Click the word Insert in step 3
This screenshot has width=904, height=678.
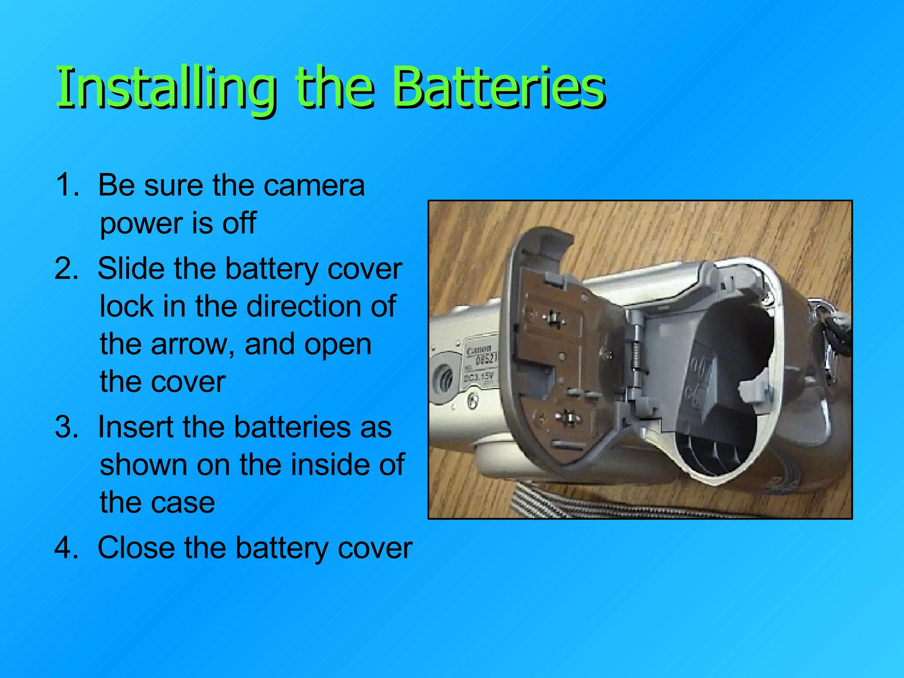pos(136,427)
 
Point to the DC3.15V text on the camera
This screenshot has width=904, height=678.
pos(478,377)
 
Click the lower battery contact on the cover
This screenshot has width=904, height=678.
pos(566,417)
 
